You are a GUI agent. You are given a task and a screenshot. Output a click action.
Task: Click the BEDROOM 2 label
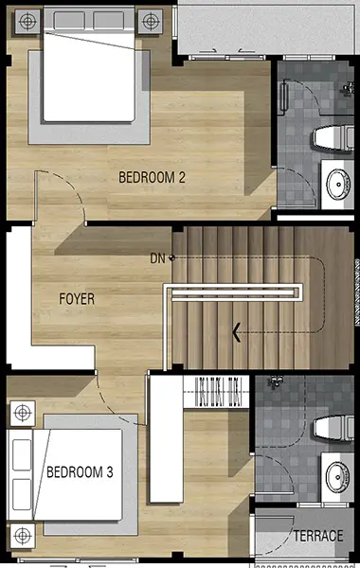pos(152,178)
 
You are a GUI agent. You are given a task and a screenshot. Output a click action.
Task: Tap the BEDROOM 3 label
pos(80,472)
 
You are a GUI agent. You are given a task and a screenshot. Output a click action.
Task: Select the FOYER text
pos(77,299)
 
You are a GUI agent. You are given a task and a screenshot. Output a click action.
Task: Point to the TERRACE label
pos(318,536)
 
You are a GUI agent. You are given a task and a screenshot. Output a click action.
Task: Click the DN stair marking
pos(157,258)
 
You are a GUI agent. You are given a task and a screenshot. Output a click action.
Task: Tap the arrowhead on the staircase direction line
pos(237,332)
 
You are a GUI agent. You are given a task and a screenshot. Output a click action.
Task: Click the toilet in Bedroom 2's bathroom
pos(333,138)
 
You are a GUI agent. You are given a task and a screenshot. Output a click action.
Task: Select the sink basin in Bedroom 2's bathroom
pos(338,185)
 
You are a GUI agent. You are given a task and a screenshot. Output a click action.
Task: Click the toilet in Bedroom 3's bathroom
pos(333,428)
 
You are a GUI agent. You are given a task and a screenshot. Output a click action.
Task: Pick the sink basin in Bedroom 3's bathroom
pos(338,477)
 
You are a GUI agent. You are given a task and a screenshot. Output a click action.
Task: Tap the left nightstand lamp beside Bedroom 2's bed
pos(27,22)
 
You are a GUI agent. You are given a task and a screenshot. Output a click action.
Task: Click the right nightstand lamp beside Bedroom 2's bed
pos(151,22)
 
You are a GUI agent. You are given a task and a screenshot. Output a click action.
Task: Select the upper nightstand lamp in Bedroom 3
pos(23,413)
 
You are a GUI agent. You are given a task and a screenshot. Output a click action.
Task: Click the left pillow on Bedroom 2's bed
pos(69,20)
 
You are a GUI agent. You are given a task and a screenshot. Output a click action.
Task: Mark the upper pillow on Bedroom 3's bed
pos(22,455)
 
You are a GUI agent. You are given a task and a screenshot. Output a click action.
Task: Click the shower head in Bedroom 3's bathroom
pos(275,382)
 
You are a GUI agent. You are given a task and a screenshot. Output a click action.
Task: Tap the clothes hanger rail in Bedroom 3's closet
pos(216,392)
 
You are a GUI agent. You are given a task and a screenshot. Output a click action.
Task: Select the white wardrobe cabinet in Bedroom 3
pos(167,438)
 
